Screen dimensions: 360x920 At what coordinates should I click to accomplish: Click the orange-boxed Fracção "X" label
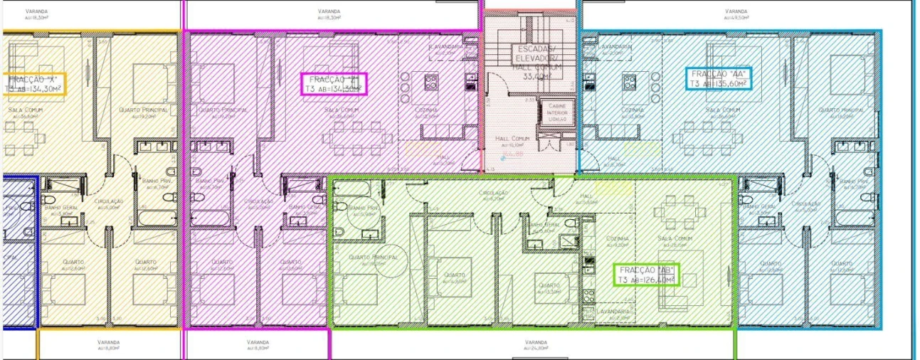click(34, 84)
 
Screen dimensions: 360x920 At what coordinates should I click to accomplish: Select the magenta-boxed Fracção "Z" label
click(333, 84)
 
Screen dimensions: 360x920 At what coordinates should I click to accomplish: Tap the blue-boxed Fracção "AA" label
click(718, 78)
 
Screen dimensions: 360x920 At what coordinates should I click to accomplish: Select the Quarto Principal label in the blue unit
click(840, 111)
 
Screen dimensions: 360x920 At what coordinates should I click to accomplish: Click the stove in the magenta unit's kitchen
click(431, 82)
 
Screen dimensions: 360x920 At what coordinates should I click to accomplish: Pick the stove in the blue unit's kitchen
click(629, 82)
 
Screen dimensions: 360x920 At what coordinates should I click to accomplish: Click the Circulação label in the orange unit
click(110, 202)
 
